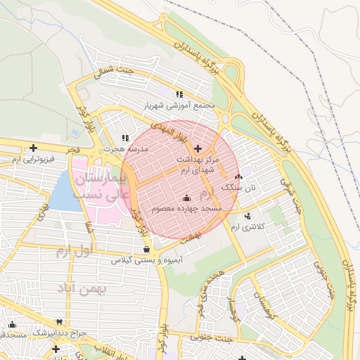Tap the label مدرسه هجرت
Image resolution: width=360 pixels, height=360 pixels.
[126, 150]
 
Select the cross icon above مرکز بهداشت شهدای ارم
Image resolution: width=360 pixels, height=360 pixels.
[197, 148]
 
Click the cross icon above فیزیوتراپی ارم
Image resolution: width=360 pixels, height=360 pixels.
[33, 148]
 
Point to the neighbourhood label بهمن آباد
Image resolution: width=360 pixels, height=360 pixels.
[102, 288]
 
